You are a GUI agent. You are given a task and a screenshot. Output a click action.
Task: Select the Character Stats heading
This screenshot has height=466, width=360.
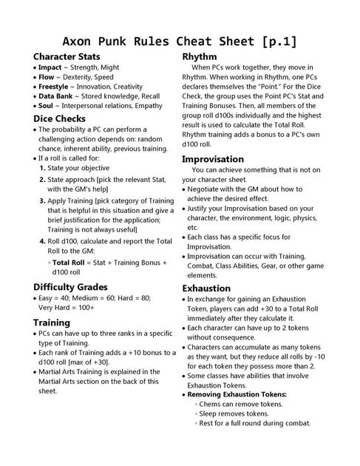(67, 56)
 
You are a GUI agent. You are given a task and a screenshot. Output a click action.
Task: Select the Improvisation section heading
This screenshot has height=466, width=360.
(213, 159)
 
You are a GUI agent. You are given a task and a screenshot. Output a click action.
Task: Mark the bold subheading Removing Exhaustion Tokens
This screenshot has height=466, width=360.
(237, 394)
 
